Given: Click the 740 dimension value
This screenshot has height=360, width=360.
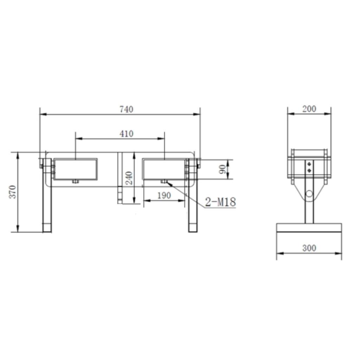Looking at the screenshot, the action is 127,109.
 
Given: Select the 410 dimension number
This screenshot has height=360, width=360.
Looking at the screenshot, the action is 127,134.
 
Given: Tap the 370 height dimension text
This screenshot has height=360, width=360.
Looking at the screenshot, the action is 13,192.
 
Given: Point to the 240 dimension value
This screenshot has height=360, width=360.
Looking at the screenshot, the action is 129,178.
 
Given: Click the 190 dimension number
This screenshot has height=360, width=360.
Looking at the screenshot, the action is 164,195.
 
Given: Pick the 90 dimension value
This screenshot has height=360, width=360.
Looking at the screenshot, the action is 222,170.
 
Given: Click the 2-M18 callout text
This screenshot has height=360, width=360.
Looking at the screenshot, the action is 220,202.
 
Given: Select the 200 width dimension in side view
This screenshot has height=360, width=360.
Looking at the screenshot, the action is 309,109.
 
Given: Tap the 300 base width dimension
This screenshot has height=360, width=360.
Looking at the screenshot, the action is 309,248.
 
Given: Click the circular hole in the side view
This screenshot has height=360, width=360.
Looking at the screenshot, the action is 309,194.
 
